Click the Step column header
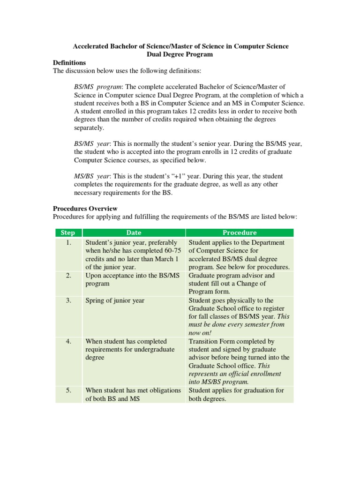[68, 232]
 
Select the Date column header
[134, 232]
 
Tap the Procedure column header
[240, 232]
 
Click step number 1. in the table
[68, 243]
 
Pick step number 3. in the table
[68, 300]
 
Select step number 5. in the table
[68, 390]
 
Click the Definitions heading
[69, 62]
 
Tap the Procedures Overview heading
[85, 208]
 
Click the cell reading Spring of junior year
[115, 300]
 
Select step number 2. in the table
[68, 276]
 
